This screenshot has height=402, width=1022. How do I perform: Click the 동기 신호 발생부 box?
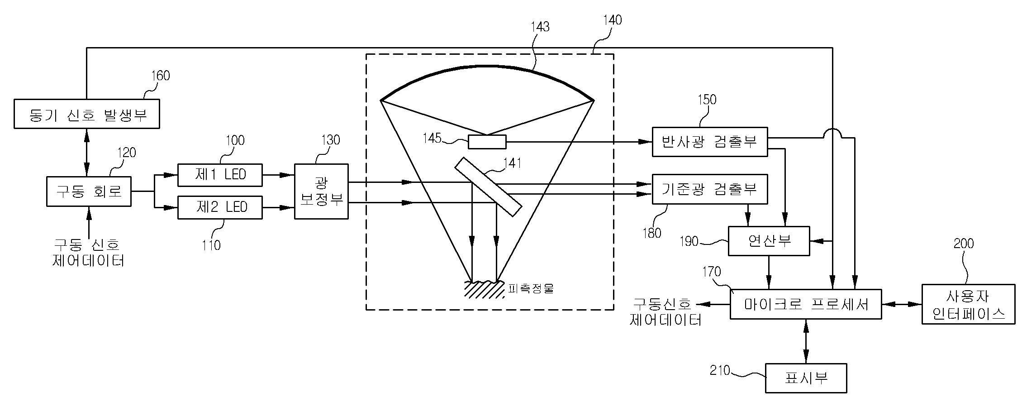point(86,114)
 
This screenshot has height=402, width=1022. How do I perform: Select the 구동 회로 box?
point(89,191)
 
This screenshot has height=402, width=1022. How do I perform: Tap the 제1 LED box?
point(220,175)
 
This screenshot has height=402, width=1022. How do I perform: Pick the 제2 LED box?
point(220,207)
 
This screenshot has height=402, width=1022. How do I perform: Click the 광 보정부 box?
point(321,191)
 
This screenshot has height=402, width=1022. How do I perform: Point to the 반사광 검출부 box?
point(709,142)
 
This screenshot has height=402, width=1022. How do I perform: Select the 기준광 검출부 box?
point(709,189)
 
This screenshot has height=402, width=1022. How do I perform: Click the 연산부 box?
point(769,241)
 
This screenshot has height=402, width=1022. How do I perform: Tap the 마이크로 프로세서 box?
point(806,304)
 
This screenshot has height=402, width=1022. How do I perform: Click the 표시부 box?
point(806,378)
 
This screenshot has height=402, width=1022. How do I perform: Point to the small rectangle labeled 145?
point(487,142)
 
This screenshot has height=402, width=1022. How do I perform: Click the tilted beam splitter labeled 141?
point(488,187)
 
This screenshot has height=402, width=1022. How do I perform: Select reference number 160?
point(160,76)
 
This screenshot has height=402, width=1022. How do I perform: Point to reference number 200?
point(963,244)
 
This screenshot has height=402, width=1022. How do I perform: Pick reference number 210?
point(720,371)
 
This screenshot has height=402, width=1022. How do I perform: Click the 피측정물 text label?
point(531,288)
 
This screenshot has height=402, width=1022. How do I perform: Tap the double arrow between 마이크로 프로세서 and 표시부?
point(806,341)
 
